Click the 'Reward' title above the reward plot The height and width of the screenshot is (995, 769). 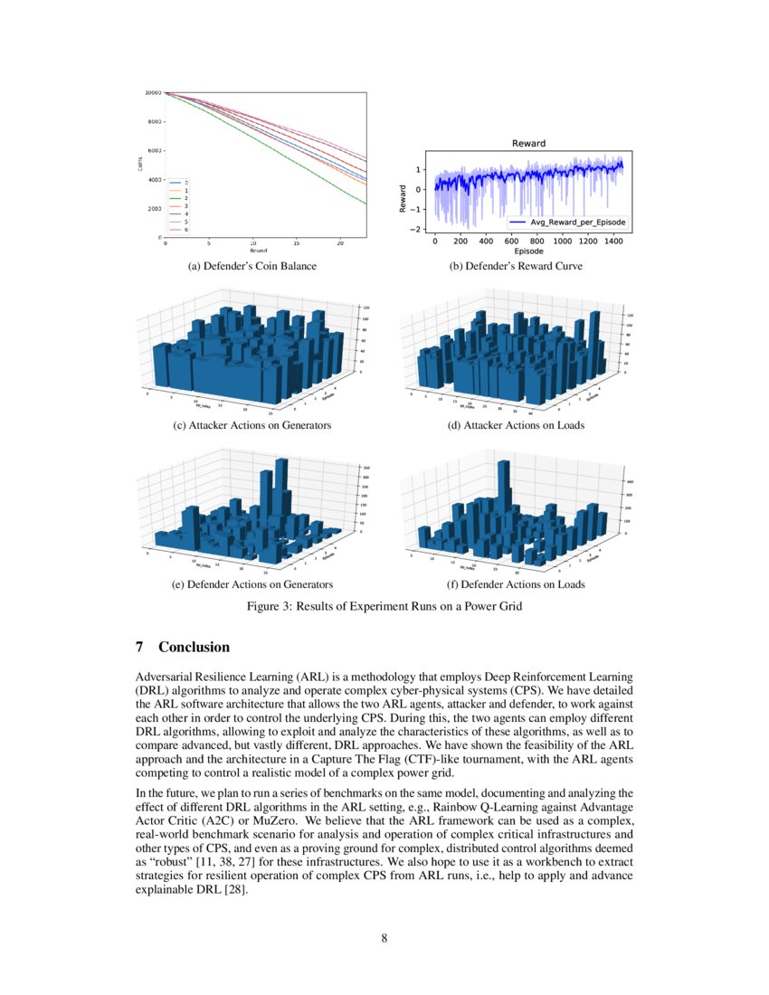(528, 143)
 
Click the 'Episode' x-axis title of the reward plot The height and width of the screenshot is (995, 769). (528, 251)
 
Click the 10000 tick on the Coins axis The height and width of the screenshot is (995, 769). (152, 93)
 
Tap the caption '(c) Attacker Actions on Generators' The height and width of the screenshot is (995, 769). (252, 425)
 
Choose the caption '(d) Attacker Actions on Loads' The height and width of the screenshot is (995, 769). (517, 425)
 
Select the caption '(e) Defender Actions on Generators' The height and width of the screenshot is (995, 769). (252, 584)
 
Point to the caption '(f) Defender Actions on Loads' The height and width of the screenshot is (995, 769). (517, 584)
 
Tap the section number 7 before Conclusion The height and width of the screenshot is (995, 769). (139, 648)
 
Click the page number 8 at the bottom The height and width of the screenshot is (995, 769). (384, 937)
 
